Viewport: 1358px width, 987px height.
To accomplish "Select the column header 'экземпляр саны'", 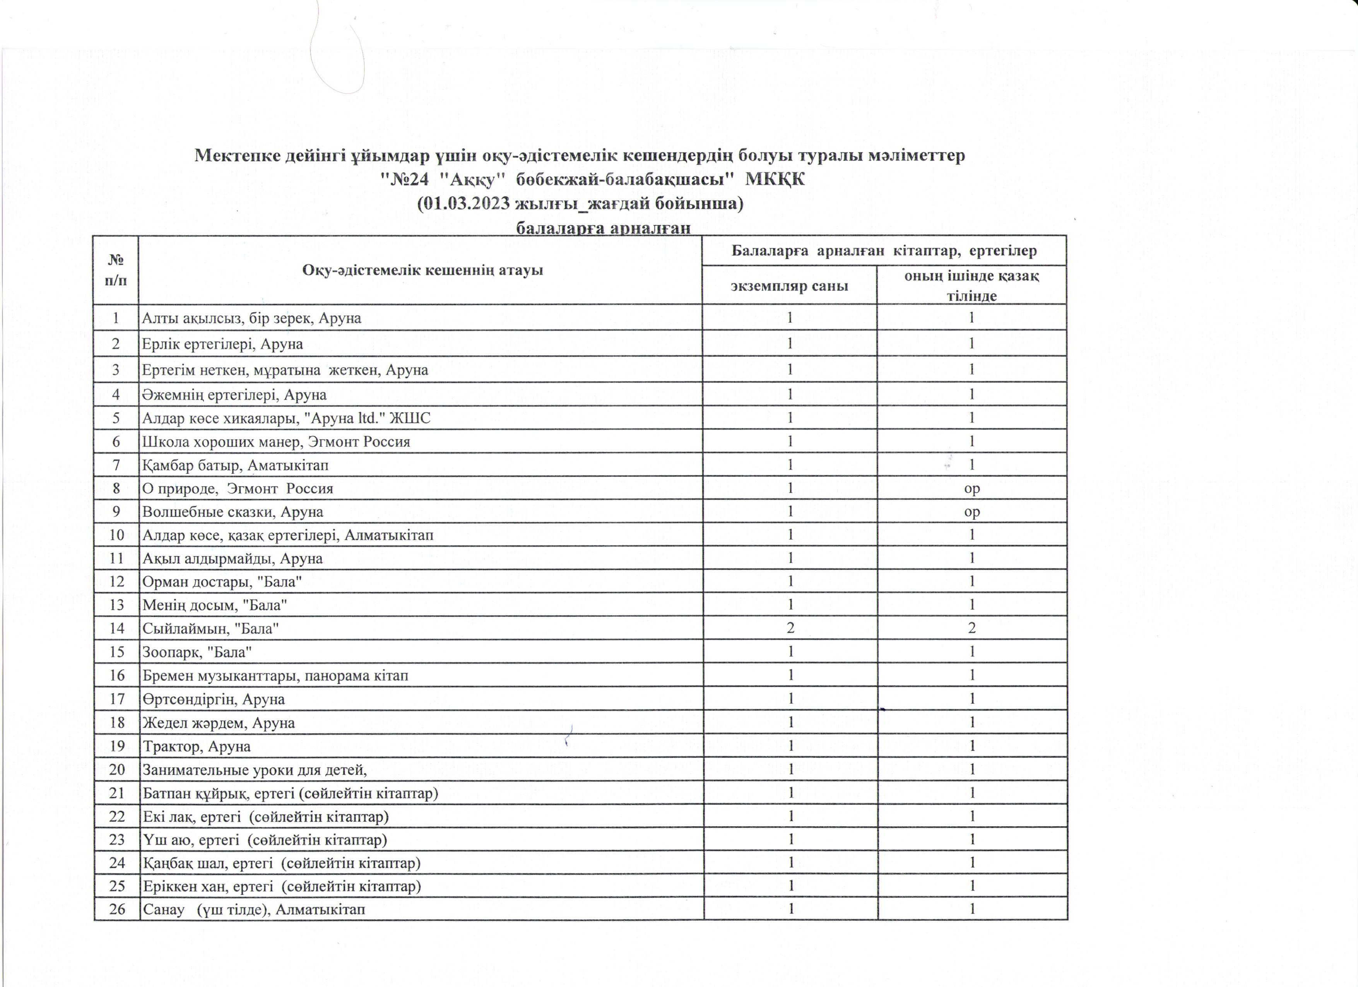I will pyautogui.click(x=789, y=286).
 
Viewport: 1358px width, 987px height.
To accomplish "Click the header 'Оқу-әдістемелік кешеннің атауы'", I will pyautogui.click(x=422, y=270).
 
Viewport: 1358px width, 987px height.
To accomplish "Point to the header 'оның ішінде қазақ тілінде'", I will pyautogui.click(x=971, y=285).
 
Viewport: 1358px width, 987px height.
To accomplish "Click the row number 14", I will pyautogui.click(x=117, y=628).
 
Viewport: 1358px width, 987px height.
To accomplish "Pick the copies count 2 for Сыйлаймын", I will pyautogui.click(x=790, y=628).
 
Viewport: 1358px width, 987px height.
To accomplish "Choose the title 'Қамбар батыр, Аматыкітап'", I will pyautogui.click(x=235, y=465).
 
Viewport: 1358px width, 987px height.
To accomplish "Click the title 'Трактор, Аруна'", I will pyautogui.click(x=197, y=746).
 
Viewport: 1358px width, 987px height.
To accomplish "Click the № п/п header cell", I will pyautogui.click(x=116, y=270).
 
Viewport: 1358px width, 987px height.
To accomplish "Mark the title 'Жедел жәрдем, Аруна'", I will pyautogui.click(x=219, y=723).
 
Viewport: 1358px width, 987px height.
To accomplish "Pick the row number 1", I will pyautogui.click(x=117, y=317).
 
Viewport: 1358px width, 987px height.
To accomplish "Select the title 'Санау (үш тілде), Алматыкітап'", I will pyautogui.click(x=253, y=909).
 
